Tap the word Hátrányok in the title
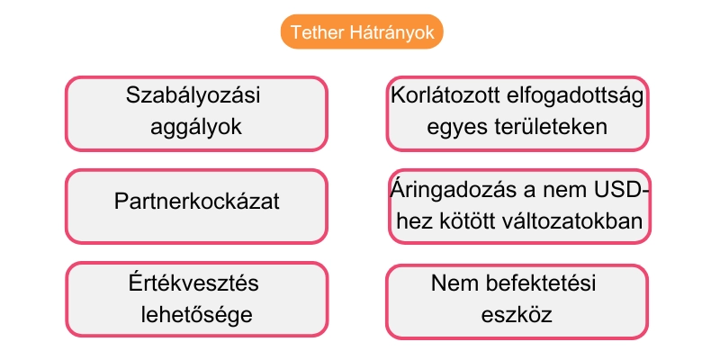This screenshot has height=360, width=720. [x=391, y=32]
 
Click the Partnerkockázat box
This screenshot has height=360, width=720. [x=196, y=201]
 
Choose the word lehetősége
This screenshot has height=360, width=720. [x=196, y=315]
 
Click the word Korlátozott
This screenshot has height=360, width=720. [x=445, y=96]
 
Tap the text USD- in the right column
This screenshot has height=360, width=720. [x=621, y=190]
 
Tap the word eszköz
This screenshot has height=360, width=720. [x=517, y=315]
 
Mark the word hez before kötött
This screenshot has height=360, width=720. [x=413, y=222]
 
